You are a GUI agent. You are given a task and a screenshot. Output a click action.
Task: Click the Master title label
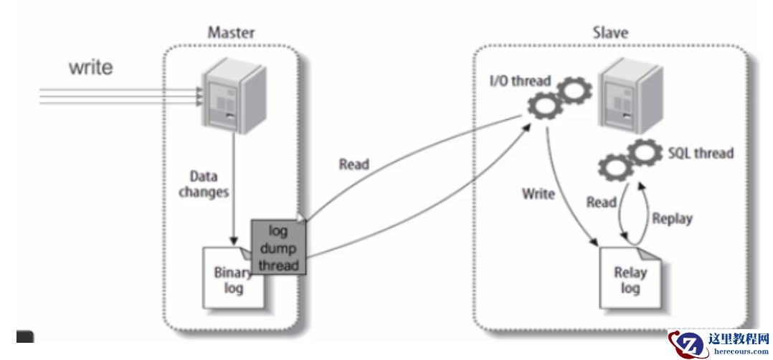[x=231, y=32]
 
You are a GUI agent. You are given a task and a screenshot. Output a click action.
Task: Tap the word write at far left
[x=91, y=67]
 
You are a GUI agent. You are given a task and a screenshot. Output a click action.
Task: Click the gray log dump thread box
[x=278, y=248]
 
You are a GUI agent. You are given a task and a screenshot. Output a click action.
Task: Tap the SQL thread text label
[x=700, y=153]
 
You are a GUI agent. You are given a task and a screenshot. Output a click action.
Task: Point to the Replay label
[x=672, y=218]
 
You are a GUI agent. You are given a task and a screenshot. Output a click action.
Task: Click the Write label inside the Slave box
[x=538, y=194]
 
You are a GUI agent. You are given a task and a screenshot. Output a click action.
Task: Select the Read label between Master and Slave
[x=354, y=164]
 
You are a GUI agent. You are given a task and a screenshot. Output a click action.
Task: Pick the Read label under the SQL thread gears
[x=602, y=202]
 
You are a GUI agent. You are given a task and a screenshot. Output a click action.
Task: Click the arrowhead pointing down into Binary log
[x=232, y=240]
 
